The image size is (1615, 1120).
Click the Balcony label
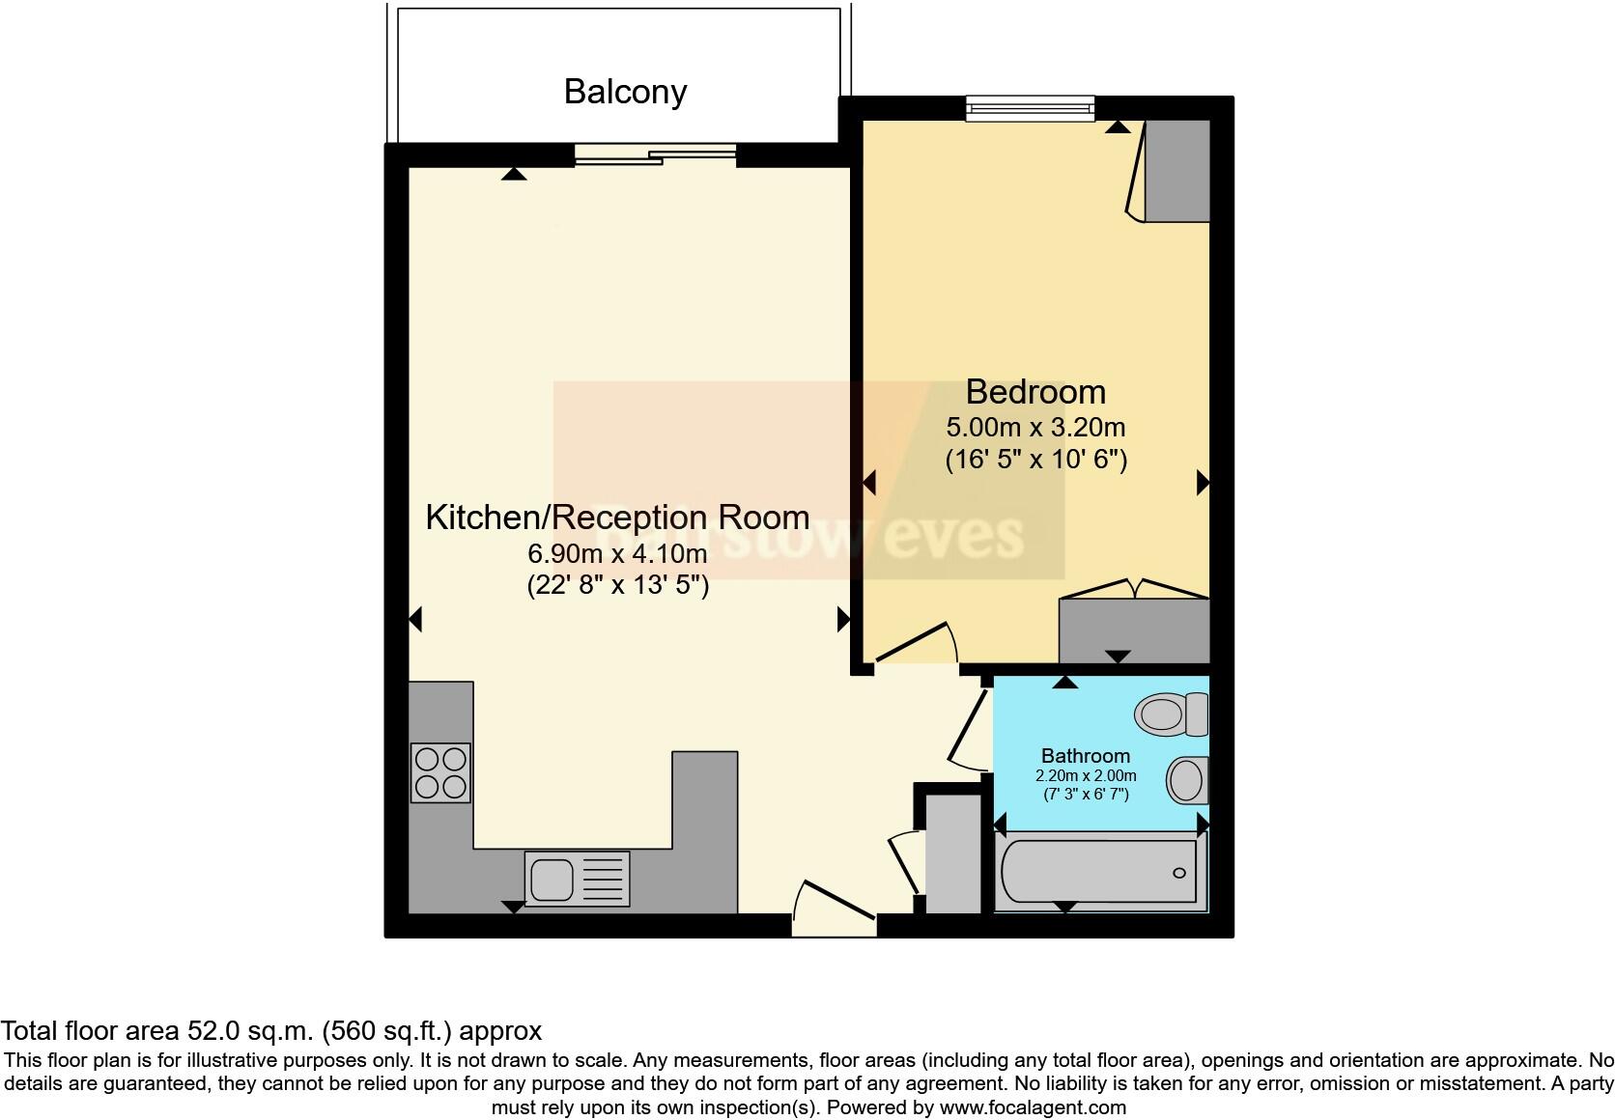(x=625, y=92)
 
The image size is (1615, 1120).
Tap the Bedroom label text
(x=1035, y=392)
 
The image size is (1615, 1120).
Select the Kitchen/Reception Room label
(x=617, y=518)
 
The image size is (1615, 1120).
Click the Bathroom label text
(x=1085, y=756)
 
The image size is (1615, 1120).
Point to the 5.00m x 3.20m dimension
(x=1035, y=427)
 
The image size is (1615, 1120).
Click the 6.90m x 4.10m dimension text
(x=617, y=554)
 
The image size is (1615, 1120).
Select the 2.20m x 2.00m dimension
(x=1085, y=776)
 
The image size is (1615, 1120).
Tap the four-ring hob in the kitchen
(x=441, y=772)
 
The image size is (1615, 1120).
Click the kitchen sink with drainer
(x=577, y=878)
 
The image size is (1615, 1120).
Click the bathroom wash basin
(x=1187, y=780)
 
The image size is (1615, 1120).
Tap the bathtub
(x=1100, y=873)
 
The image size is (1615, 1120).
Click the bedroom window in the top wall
(x=1030, y=108)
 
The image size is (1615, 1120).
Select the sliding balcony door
(x=655, y=154)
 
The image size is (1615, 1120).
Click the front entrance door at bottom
(x=833, y=908)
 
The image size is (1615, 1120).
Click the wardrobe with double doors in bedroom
(x=1134, y=629)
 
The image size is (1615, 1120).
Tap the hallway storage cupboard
(x=952, y=852)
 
